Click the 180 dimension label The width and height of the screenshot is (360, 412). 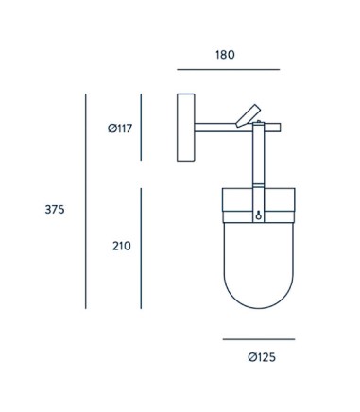pyautogui.click(x=225, y=55)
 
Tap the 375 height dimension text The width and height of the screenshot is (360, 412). pyautogui.click(x=55, y=209)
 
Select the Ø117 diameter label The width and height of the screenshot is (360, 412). pyautogui.click(x=120, y=129)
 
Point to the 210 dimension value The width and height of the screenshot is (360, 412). pyautogui.click(x=122, y=246)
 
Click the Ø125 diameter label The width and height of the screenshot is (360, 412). pyautogui.click(x=262, y=357)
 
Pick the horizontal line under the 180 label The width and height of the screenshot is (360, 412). pyautogui.click(x=229, y=69)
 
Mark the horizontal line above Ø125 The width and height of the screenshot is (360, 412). pyautogui.click(x=259, y=339)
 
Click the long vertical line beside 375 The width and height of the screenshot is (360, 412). pyautogui.click(x=86, y=201)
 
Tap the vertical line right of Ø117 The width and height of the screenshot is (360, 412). pyautogui.click(x=141, y=127)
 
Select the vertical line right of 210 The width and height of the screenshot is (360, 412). pyautogui.click(x=141, y=249)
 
